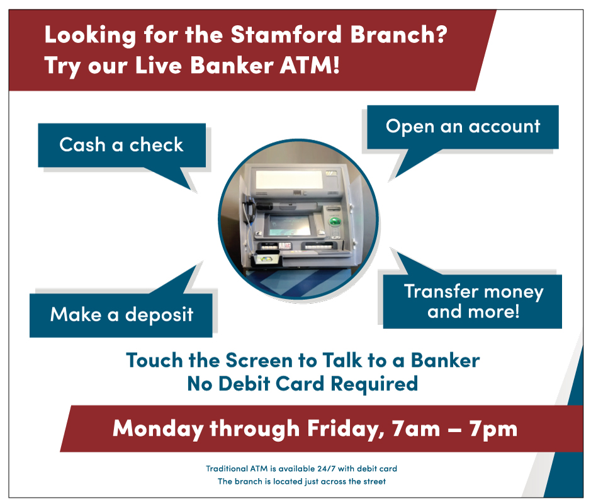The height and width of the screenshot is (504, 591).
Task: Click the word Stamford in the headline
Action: tap(287, 34)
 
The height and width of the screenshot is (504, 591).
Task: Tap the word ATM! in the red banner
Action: tap(310, 65)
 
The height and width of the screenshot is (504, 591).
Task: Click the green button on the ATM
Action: tap(335, 221)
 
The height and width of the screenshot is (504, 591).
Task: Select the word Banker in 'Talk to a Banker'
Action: tap(445, 360)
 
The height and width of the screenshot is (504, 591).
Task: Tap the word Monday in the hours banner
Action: tap(159, 429)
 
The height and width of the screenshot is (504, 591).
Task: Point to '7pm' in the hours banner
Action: tap(493, 429)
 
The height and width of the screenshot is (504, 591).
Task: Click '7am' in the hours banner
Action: tap(416, 429)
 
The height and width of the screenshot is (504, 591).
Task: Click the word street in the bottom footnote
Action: tap(374, 482)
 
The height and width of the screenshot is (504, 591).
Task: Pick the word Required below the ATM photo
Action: tap(374, 384)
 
